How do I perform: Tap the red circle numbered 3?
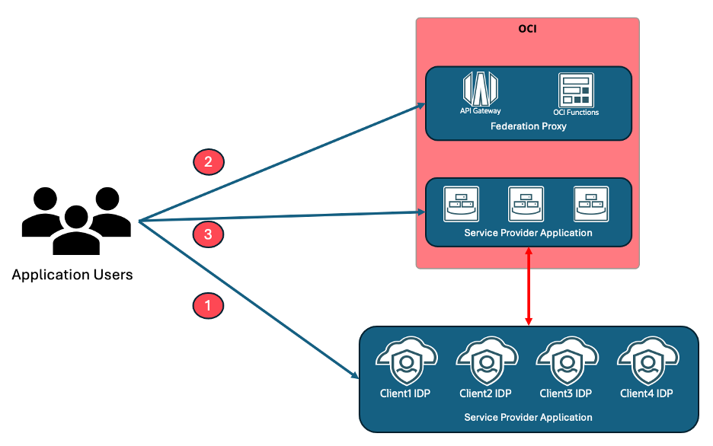coord(208,234)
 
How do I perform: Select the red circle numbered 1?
coord(207,306)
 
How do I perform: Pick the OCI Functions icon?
coord(576,90)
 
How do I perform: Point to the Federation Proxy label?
coord(528,126)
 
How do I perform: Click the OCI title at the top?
coord(528,30)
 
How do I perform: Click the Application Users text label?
coord(72,275)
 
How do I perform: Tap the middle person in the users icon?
coord(75,229)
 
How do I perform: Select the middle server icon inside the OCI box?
coord(526,204)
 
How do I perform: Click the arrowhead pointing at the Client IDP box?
coord(356,374)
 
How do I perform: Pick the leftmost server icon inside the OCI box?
coord(462,204)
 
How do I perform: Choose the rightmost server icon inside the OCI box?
coord(591,204)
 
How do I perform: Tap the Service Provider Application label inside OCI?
coord(528,233)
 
